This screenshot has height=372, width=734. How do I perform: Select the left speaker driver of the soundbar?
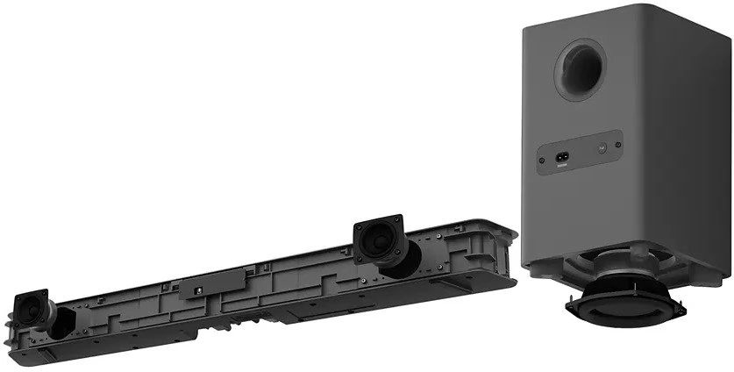(38, 305)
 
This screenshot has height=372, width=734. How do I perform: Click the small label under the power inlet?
(562, 164)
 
